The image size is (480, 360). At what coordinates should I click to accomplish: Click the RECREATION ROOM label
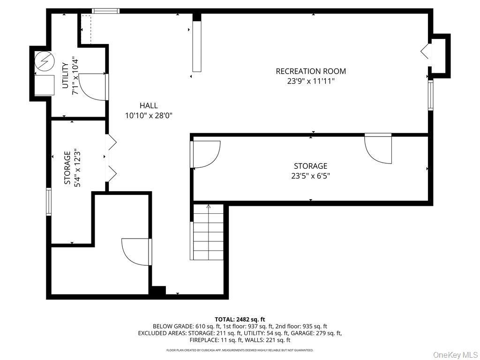click(311, 71)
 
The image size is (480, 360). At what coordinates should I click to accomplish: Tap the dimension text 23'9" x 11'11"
click(311, 81)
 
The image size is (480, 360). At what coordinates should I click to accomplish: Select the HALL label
click(149, 105)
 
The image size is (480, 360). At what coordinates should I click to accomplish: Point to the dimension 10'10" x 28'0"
click(149, 115)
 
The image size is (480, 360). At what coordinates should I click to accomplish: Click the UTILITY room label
click(65, 75)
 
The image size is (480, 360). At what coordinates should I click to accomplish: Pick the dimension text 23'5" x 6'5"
click(311, 176)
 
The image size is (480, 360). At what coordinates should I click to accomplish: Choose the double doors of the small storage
click(112, 158)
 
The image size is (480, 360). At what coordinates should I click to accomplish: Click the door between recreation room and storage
click(379, 149)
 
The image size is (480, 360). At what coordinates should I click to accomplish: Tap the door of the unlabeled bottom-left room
click(136, 252)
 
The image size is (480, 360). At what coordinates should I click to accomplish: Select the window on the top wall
click(105, 11)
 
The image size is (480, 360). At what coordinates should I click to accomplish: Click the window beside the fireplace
click(430, 95)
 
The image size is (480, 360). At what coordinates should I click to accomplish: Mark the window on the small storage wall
click(48, 202)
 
